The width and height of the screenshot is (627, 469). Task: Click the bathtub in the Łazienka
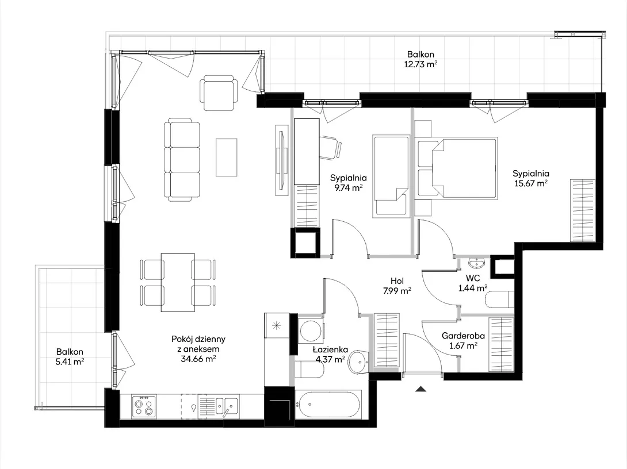328,405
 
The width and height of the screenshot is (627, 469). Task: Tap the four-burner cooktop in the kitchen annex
144,407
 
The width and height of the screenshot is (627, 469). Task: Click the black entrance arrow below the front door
420,389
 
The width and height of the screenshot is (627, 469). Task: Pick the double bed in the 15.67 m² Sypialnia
456,168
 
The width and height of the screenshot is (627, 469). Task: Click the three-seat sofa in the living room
182,159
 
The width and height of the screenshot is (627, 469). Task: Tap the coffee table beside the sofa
226,157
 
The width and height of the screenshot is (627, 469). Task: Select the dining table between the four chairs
178,282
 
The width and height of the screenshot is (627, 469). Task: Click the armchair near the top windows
219,93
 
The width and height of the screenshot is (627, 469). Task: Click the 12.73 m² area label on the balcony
420,64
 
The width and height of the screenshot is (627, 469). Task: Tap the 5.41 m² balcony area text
70,362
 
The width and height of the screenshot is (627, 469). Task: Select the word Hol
397,281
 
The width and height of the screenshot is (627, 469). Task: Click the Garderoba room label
463,336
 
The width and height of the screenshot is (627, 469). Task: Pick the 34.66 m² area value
198,359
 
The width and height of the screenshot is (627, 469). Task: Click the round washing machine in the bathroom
310,330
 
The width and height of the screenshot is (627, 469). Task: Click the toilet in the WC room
499,299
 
